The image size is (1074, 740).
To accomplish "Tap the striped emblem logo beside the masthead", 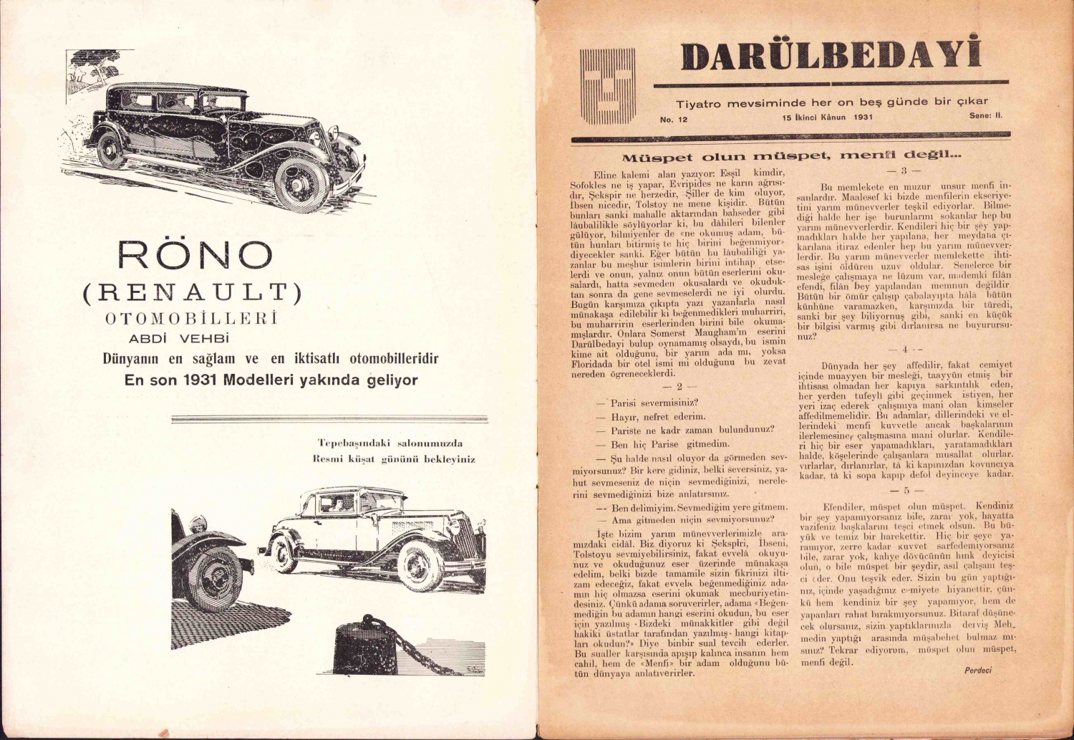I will point(607,85).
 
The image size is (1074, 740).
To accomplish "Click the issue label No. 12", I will point(673,120).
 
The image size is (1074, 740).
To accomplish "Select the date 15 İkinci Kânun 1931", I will point(828,117).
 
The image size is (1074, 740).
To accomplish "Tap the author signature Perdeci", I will point(977,671).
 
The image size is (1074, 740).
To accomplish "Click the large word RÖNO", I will point(195,256).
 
